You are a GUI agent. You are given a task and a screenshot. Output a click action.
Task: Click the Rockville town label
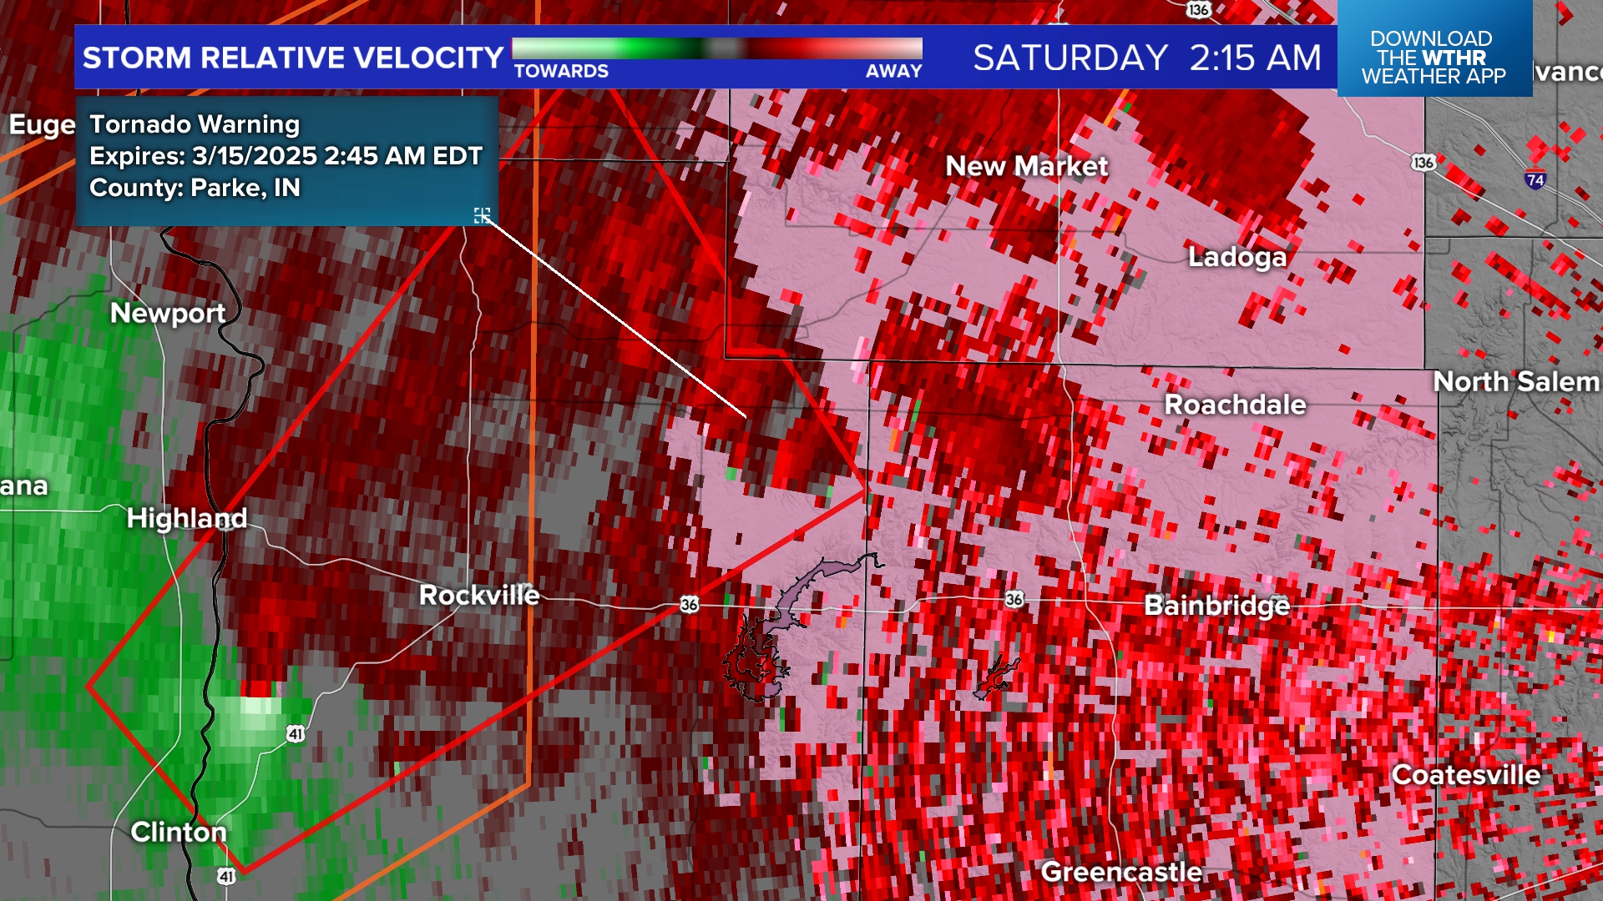[478, 595]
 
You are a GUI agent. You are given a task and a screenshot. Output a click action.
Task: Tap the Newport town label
[168, 313]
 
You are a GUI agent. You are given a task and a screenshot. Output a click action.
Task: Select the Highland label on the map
[187, 518]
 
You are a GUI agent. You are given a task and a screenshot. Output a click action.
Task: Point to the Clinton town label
[179, 832]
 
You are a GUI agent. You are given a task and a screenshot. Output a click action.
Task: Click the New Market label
[1026, 166]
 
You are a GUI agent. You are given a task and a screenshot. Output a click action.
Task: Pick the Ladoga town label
[1237, 257]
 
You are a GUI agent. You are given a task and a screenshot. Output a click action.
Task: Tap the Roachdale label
[1235, 405]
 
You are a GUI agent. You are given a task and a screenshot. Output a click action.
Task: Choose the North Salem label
[1515, 381]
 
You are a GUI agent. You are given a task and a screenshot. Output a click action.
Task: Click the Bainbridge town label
[1216, 605]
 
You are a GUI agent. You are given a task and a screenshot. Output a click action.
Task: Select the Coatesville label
[1466, 775]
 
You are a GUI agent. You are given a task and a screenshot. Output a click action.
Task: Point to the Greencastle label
[1121, 872]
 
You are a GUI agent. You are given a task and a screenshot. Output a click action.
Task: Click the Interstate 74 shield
[1535, 179]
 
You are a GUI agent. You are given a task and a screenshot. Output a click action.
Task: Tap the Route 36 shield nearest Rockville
[689, 604]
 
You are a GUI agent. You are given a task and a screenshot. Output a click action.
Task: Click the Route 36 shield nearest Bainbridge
[1014, 599]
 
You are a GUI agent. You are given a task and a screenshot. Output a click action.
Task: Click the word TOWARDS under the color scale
[561, 72]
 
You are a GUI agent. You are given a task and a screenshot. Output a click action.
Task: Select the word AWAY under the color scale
[893, 72]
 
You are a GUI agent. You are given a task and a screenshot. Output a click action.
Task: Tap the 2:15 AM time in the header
[1255, 58]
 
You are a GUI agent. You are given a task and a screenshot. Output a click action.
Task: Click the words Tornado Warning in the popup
[195, 124]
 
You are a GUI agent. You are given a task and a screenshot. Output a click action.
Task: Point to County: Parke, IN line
[195, 188]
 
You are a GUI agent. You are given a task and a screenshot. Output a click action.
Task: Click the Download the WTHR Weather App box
[1434, 57]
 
